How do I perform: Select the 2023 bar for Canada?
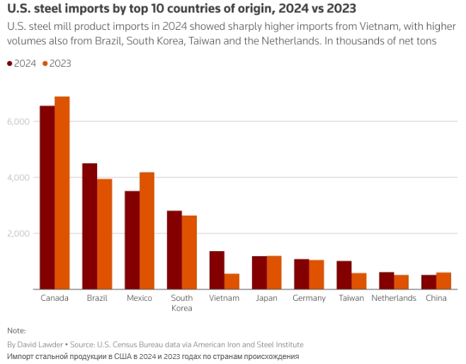pyautogui.click(x=62, y=193)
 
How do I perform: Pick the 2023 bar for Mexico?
pyautogui.click(x=147, y=231)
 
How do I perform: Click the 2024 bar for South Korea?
pyautogui.click(x=174, y=250)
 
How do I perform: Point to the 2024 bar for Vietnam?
pyautogui.click(x=217, y=270)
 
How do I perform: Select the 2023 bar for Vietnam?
pyautogui.click(x=232, y=281)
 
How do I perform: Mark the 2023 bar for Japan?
pyautogui.click(x=274, y=272)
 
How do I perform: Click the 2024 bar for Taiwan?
pyautogui.click(x=344, y=275)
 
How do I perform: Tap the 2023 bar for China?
pyautogui.click(x=443, y=281)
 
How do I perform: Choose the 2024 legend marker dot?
pyautogui.click(x=9, y=63)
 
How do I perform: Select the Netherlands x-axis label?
pyautogui.click(x=394, y=298)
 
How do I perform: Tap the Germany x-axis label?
pyautogui.click(x=309, y=298)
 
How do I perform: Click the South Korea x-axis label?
pyautogui.click(x=182, y=303)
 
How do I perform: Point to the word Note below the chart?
pyautogui.click(x=16, y=331)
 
